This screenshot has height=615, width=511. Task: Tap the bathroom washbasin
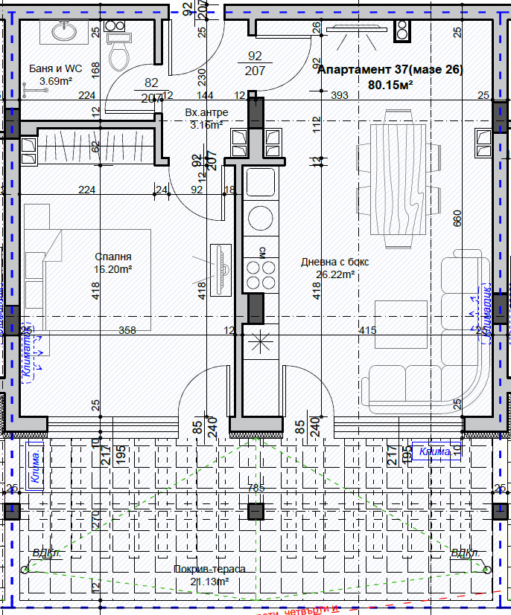62,31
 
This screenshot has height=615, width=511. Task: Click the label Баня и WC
51,68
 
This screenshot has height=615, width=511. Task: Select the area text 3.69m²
55,81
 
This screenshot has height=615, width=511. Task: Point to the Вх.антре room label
206,112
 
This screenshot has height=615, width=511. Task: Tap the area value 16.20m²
112,269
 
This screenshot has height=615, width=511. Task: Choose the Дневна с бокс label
334,262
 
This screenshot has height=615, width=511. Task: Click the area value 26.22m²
334,274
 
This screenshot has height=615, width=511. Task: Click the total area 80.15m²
390,85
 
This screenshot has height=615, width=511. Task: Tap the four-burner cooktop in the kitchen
261,274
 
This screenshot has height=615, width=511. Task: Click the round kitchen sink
261,217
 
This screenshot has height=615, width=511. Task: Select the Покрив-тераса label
209,569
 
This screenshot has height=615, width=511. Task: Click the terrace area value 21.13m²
209,582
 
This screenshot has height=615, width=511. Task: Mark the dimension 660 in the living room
457,219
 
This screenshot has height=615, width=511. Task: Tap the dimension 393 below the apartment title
340,95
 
